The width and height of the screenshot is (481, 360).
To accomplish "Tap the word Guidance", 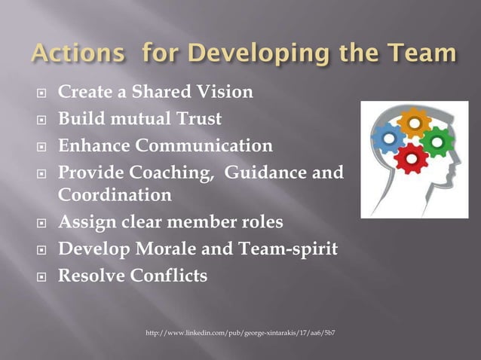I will tap(275, 170).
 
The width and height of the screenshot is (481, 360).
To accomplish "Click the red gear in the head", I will tap(412, 158).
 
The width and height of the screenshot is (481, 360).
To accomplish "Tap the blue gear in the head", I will tap(389, 139).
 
